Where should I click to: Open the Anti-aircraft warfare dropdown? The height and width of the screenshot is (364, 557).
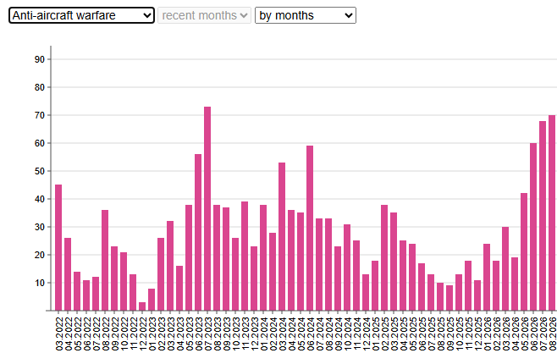tap(81, 15)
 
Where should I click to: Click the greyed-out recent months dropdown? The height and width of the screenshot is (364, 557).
tap(204, 15)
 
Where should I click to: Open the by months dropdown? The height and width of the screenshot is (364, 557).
tap(306, 15)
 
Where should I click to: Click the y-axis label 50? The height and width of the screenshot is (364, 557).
tap(40, 171)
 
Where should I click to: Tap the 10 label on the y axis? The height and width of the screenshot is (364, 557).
tap(40, 283)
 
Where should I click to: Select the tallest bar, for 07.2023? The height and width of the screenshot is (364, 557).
tap(207, 208)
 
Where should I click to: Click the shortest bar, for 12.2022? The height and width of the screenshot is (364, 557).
tap(142, 306)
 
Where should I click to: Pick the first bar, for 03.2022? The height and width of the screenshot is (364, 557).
tap(58, 247)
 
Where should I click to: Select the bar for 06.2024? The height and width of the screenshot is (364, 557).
tap(310, 228)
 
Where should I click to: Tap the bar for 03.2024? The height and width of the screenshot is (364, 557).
tap(282, 236)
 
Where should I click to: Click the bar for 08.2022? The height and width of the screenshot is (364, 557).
tap(105, 261)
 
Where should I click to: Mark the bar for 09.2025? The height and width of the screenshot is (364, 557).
tap(449, 298)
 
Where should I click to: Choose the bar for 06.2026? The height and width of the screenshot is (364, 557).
tap(533, 227)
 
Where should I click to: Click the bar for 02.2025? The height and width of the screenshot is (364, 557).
tap(384, 257)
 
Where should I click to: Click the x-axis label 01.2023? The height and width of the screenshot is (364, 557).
tap(152, 334)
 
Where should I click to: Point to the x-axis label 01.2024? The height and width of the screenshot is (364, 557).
tap(263, 334)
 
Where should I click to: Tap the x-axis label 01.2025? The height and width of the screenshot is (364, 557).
tap(376, 334)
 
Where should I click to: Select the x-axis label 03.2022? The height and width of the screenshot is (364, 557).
tap(59, 334)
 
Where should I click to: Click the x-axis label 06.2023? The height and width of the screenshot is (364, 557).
tap(199, 334)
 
